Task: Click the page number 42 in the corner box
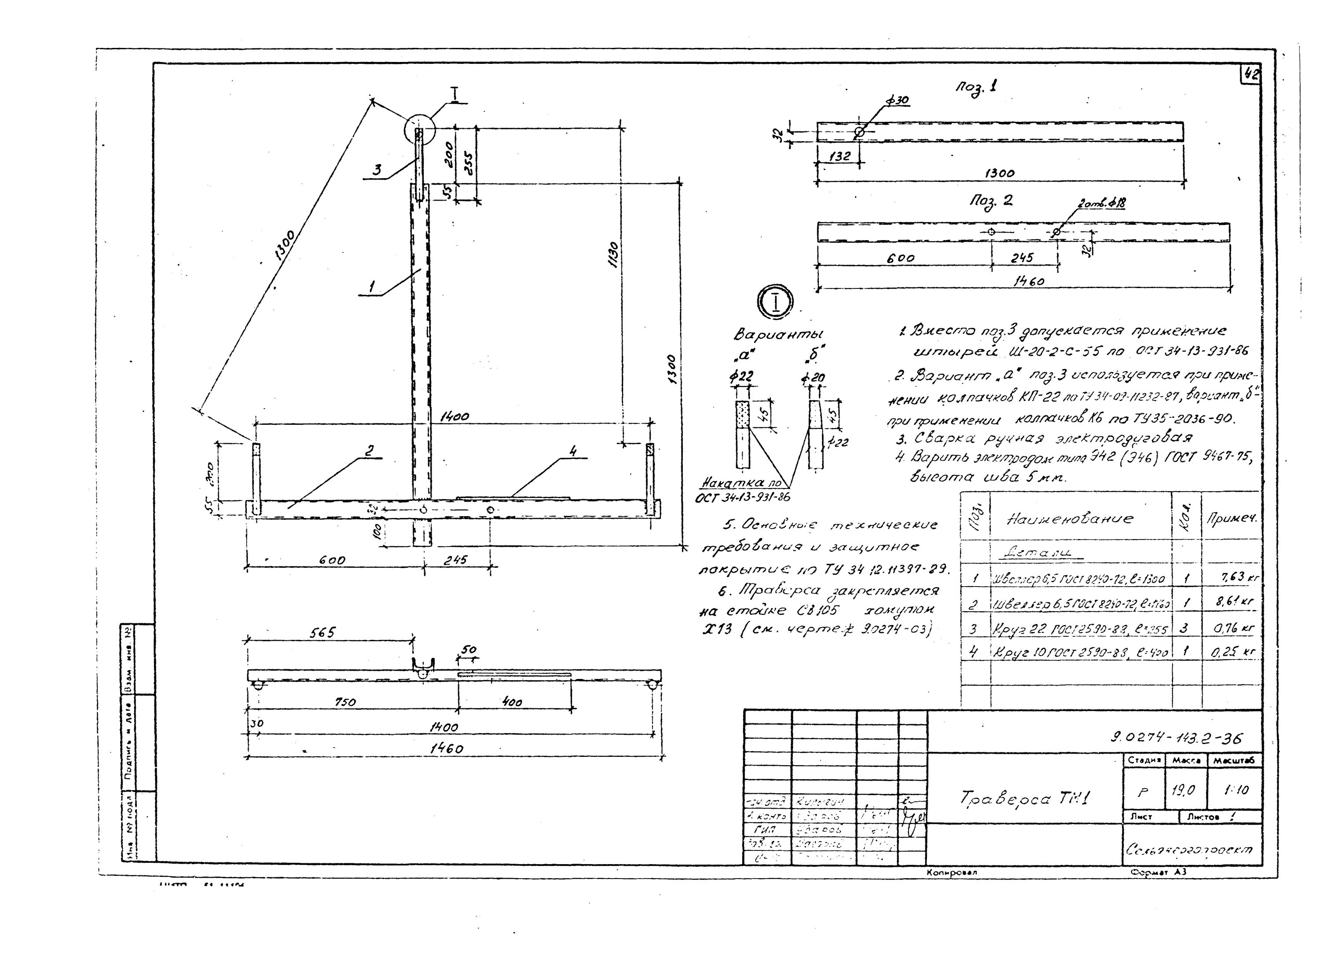tap(1251, 74)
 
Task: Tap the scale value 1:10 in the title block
tap(1236, 790)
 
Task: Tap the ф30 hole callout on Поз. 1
tap(897, 100)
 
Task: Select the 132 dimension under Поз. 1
tap(840, 156)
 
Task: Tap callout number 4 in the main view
tap(573, 451)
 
